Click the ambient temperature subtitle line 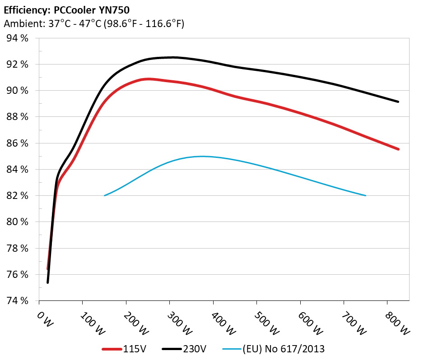pos(93,23)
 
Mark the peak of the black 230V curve pos(172,57)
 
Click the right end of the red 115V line pos(398,149)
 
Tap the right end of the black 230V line pos(398,102)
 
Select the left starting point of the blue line pos(105,195)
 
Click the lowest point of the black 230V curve pos(48,282)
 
